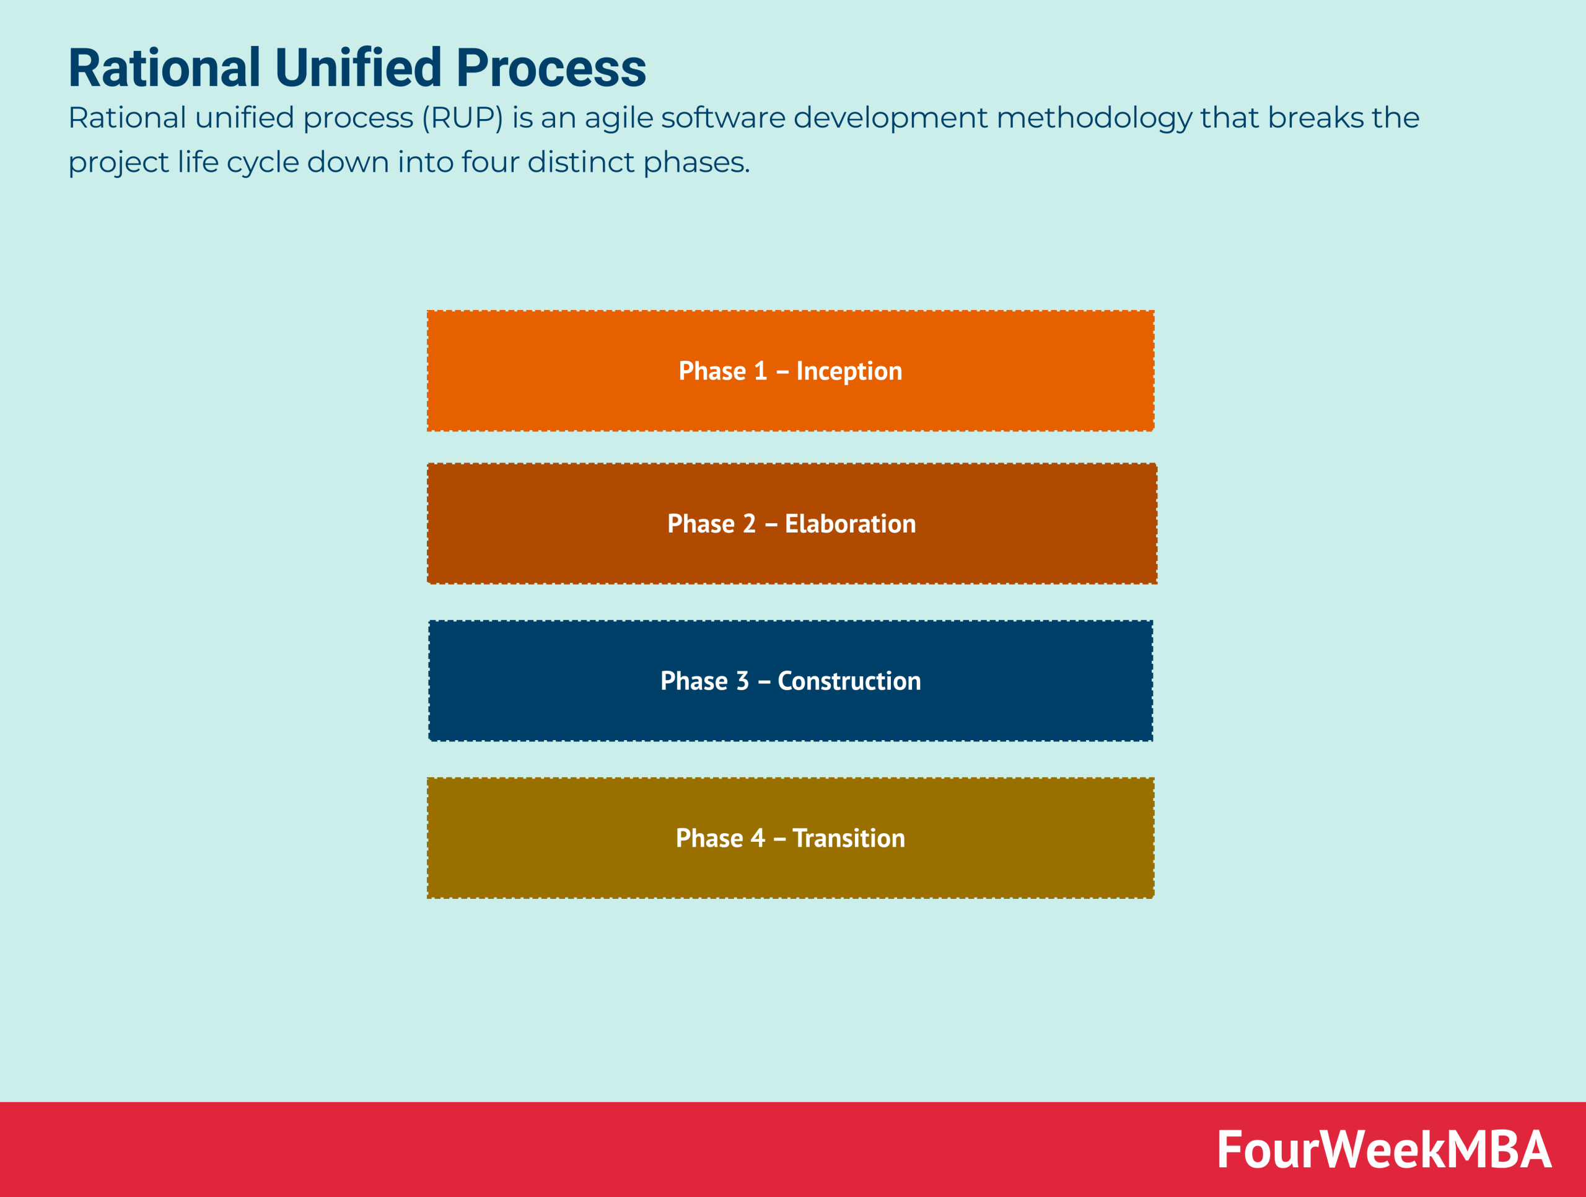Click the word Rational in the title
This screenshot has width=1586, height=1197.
pyautogui.click(x=164, y=68)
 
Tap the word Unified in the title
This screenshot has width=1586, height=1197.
pyautogui.click(x=358, y=68)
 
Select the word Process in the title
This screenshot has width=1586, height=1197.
pyautogui.click(x=551, y=68)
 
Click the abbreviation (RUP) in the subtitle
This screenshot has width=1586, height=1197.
pyautogui.click(x=462, y=118)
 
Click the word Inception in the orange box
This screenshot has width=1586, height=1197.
pyautogui.click(x=849, y=371)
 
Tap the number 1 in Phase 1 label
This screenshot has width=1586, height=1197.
pyautogui.click(x=760, y=371)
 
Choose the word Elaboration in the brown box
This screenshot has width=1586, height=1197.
pyautogui.click(x=851, y=524)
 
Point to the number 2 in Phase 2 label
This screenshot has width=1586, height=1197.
pyautogui.click(x=748, y=524)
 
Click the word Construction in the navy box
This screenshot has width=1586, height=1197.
pyautogui.click(x=849, y=681)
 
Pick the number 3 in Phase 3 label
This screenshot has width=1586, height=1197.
pyautogui.click(x=742, y=681)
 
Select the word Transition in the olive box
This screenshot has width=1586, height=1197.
pyautogui.click(x=848, y=837)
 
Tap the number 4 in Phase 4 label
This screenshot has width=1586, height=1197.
pyautogui.click(x=757, y=837)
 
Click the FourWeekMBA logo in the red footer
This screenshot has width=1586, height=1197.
pyautogui.click(x=1384, y=1150)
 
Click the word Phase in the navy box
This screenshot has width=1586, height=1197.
pyautogui.click(x=693, y=681)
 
